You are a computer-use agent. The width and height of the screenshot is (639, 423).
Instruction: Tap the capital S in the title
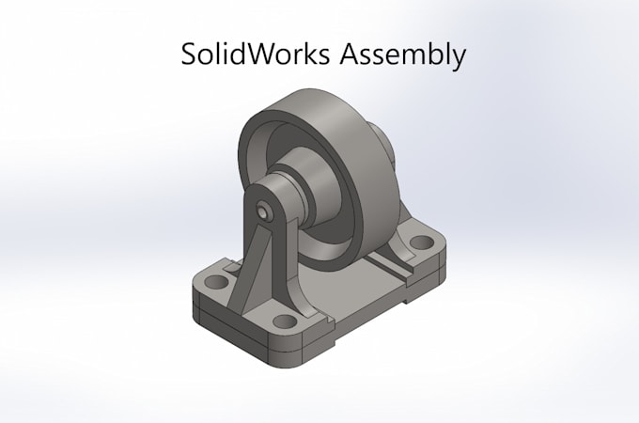190,55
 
